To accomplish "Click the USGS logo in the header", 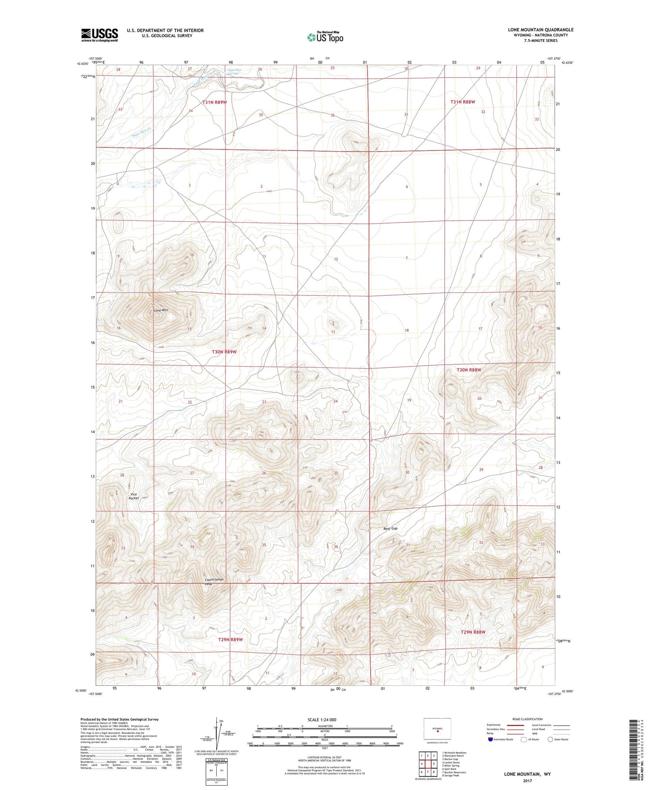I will click(x=99, y=35).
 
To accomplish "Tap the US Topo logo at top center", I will click(x=325, y=37).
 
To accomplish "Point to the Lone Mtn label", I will click(x=161, y=310).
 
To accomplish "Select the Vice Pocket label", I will click(x=134, y=496).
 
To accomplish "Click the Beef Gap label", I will click(x=391, y=529).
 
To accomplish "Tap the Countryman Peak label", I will click(x=214, y=581).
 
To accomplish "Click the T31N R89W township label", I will click(x=215, y=102).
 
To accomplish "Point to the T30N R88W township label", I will click(x=469, y=370).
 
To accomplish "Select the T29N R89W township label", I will click(x=230, y=640).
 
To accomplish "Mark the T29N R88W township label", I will click(x=473, y=632).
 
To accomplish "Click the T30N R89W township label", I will click(x=224, y=352).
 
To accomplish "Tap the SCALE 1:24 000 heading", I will click(x=324, y=719).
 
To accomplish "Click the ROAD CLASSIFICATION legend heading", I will click(x=528, y=719).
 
